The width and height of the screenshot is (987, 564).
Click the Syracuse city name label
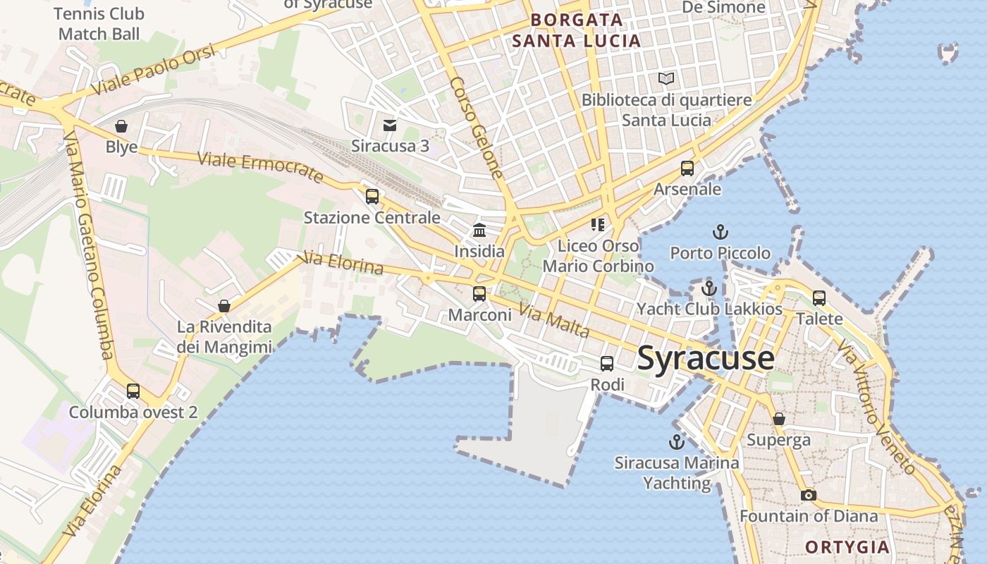tap(706, 359)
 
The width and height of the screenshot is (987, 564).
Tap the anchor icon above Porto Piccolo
tap(720, 232)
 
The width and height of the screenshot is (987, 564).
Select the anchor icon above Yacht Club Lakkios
tap(709, 288)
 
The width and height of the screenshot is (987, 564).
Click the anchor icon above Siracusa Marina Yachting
tap(676, 442)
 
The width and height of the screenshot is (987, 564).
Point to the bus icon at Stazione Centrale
tap(372, 197)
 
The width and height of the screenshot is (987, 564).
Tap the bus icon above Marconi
tap(479, 294)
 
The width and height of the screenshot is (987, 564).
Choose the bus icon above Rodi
tap(606, 364)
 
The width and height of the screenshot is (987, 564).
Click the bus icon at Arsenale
tap(687, 168)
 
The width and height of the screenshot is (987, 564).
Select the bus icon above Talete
tap(819, 298)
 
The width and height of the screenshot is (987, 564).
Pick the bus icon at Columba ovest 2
tap(133, 391)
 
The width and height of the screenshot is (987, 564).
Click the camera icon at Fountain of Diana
tap(809, 495)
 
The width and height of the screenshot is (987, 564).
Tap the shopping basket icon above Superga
tap(778, 419)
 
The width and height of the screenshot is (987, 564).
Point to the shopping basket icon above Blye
tap(121, 126)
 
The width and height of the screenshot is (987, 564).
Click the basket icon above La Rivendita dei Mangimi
tap(223, 306)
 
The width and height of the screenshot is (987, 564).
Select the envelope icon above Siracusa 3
tap(389, 125)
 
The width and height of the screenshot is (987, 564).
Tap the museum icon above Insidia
tap(479, 230)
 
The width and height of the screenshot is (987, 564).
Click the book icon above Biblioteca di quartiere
tap(666, 79)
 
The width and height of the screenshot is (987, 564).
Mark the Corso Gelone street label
tap(477, 128)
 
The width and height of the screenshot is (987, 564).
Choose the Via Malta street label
tap(554, 320)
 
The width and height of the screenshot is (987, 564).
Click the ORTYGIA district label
tap(847, 547)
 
